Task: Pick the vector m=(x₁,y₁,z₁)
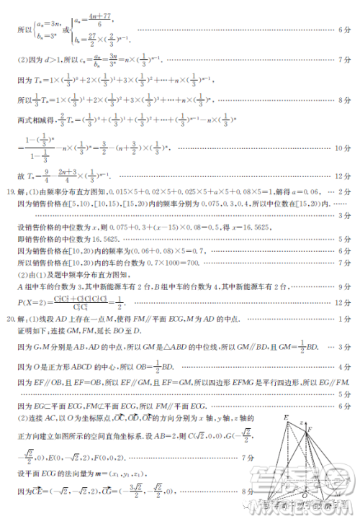click(117, 476)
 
